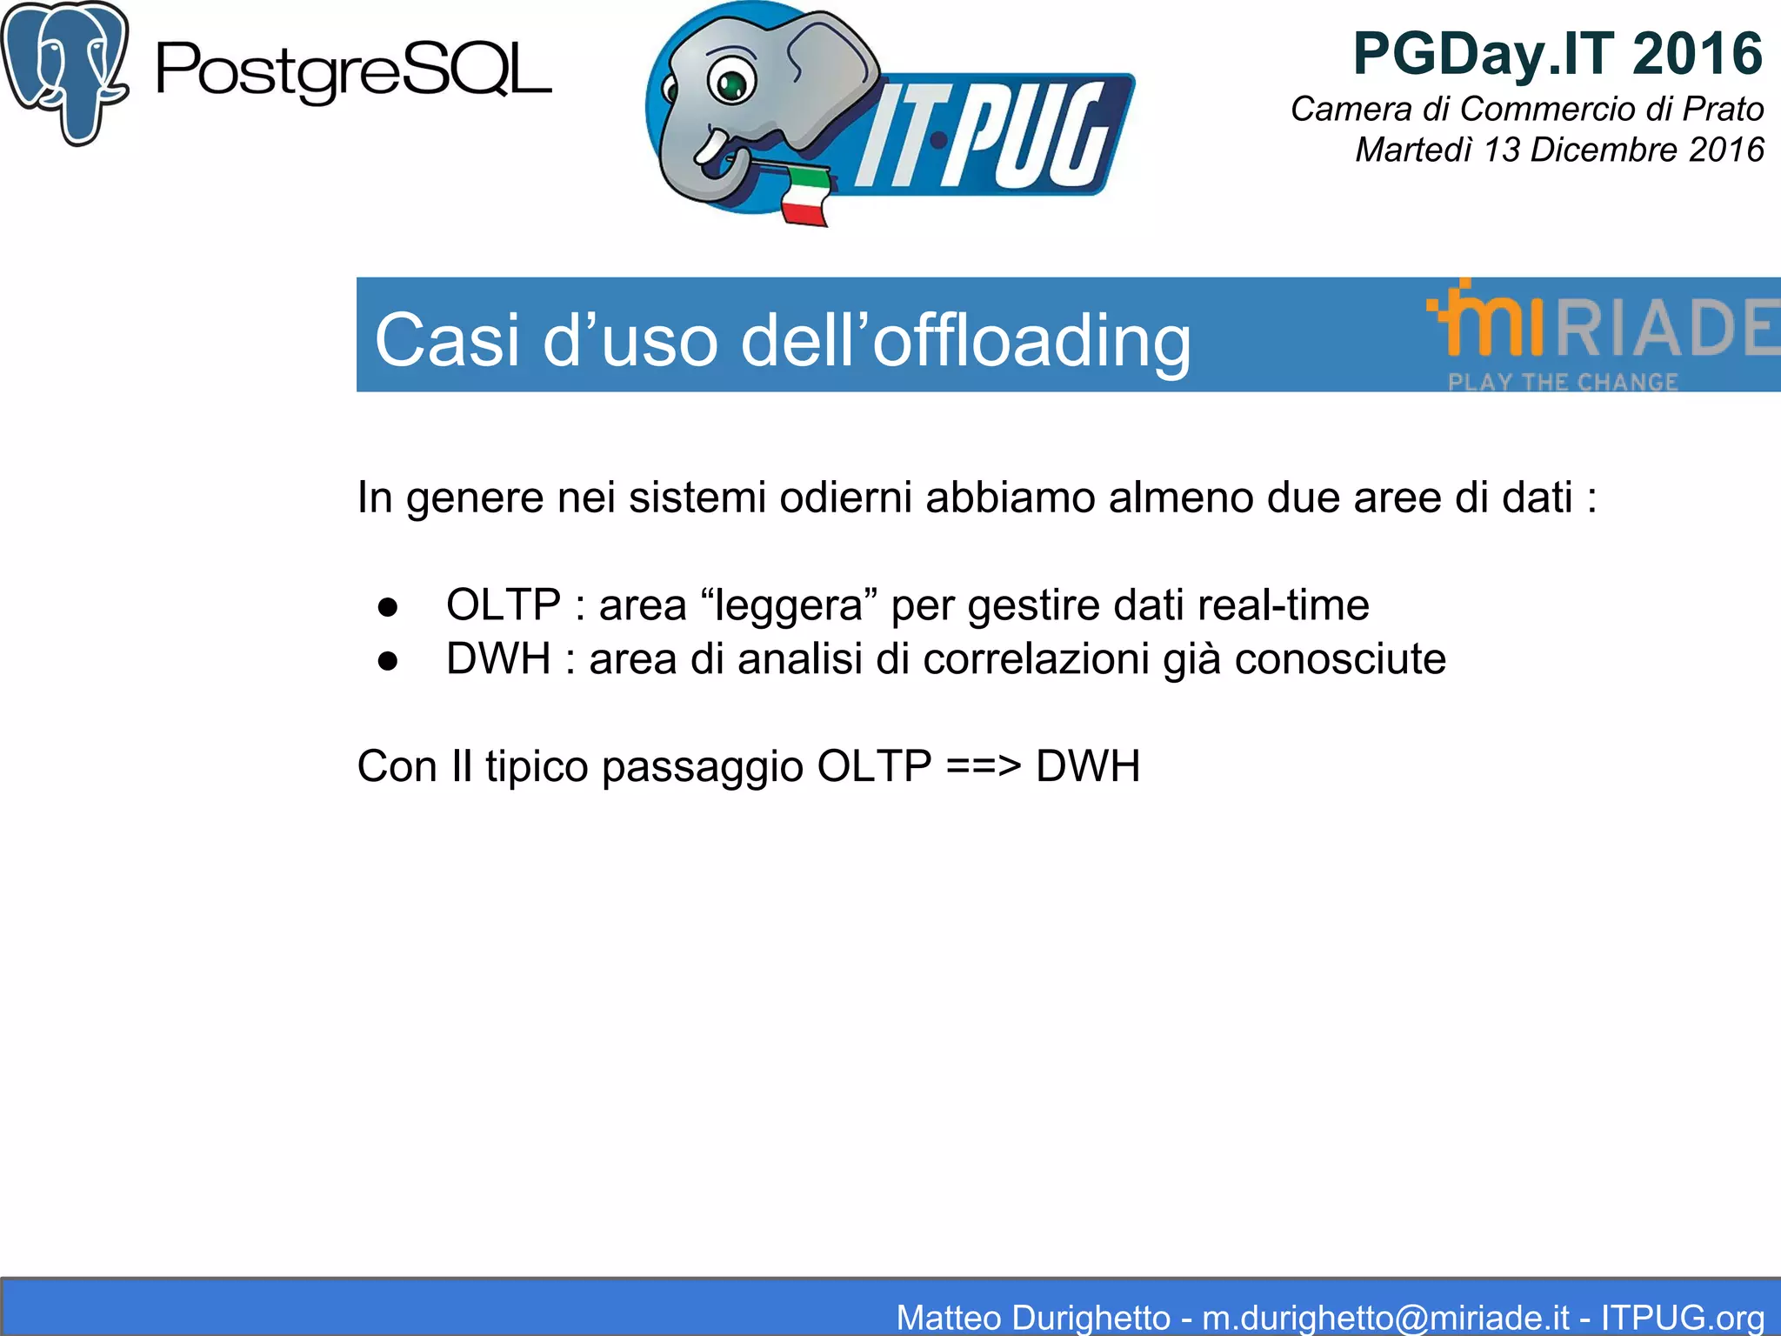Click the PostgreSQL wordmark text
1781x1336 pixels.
coord(353,71)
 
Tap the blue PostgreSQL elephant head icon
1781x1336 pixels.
coord(65,71)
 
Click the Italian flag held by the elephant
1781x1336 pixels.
coord(805,197)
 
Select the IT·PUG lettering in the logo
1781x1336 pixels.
coord(983,136)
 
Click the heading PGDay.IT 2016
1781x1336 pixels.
coord(1557,54)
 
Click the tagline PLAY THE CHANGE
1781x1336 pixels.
coord(1562,382)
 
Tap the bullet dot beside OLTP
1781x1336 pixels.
coord(388,606)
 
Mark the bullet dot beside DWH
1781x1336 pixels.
coord(388,661)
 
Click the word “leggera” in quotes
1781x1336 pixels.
coord(788,605)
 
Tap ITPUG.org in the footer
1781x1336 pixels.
coord(1682,1317)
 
